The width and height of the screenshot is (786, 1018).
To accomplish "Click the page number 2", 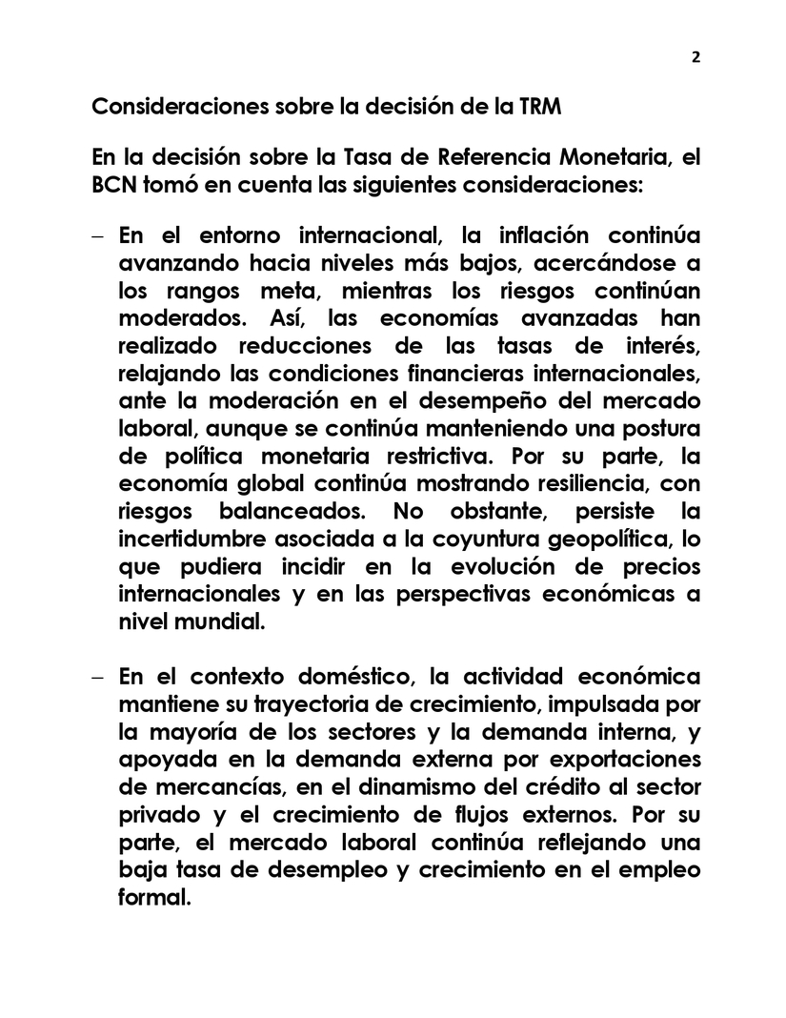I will [695, 56].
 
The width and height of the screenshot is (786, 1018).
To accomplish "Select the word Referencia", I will [402, 158].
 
